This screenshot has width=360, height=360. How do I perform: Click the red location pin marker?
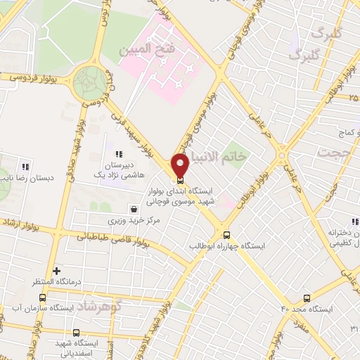coord(181,165)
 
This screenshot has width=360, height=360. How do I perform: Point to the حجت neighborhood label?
coord(333,152)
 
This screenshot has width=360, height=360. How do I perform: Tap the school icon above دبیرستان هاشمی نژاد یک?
coord(119,154)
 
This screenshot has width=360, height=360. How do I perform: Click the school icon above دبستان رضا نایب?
coord(25,167)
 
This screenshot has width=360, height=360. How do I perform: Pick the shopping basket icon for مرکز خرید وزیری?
coord(134,209)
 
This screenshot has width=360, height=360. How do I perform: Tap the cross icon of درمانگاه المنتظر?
coord(57,271)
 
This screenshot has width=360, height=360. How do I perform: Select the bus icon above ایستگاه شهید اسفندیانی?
coord(76,332)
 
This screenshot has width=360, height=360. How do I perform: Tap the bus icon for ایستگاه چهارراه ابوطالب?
coord(226,236)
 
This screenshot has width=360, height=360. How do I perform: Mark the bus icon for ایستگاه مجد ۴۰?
coord(306,298)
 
